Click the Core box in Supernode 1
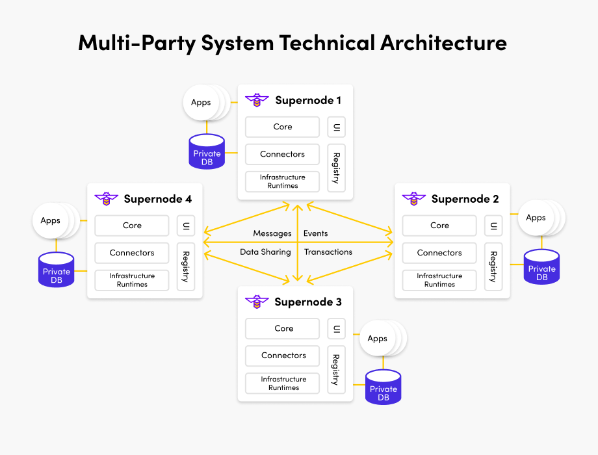tap(282, 127)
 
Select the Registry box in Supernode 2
tap(493, 266)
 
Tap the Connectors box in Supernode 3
tap(283, 356)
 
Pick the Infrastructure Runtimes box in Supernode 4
tap(132, 280)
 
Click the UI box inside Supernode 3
tap(336, 328)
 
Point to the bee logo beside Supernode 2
tap(413, 198)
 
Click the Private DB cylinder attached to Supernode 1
tap(207, 152)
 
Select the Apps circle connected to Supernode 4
tap(51, 220)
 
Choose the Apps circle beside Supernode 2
tap(536, 218)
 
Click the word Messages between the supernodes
tap(272, 233)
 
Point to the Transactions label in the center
tap(328, 252)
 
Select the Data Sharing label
tap(265, 252)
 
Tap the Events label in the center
tap(316, 233)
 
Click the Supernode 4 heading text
tap(158, 199)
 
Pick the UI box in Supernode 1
tap(336, 127)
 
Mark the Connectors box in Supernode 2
tap(439, 253)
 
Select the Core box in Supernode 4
tap(132, 226)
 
